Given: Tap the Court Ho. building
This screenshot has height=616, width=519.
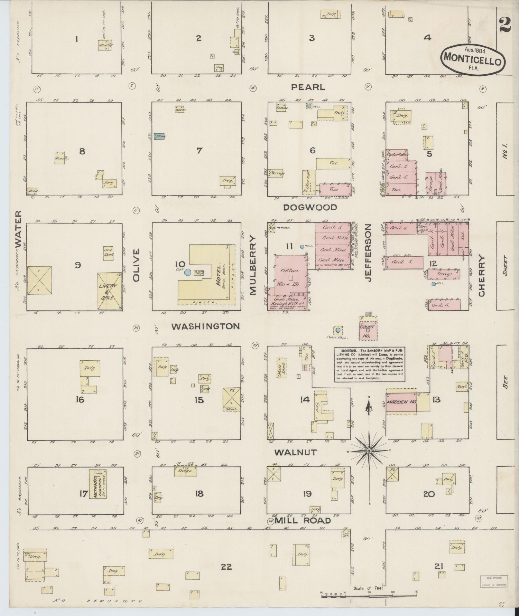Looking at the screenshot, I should tap(367, 330).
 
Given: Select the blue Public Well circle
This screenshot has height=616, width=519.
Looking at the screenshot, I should tap(338, 330).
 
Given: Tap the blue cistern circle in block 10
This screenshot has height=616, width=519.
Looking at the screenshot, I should tap(188, 272).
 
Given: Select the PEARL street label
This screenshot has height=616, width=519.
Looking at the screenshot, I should tap(308, 87).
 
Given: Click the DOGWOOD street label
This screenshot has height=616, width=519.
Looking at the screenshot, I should tap(310, 207).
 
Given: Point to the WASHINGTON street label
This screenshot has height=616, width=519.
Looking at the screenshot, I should tap(205, 327).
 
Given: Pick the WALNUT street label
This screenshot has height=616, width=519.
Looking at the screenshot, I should tap(295, 452).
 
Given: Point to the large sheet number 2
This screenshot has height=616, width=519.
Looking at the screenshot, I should tap(505, 24).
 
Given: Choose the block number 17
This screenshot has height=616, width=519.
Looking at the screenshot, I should tap(83, 493).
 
